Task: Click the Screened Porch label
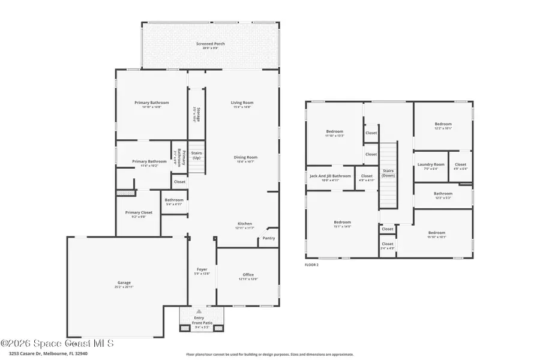click(x=210, y=44)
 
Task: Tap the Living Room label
click(x=242, y=103)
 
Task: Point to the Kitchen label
click(x=244, y=223)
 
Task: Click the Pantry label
click(x=269, y=238)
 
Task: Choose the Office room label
click(x=248, y=275)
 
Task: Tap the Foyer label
click(x=202, y=269)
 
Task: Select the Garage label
click(x=124, y=283)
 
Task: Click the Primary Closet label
click(x=139, y=212)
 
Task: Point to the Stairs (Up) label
click(x=196, y=155)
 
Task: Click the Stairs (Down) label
click(x=388, y=173)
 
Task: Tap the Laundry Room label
click(x=431, y=164)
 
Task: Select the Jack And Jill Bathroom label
click(x=329, y=176)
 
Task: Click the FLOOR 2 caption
click(x=311, y=265)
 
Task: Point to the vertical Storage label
click(x=194, y=114)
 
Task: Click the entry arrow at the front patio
click(x=199, y=311)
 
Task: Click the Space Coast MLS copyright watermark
click(x=57, y=344)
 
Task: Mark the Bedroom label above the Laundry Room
click(x=443, y=124)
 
